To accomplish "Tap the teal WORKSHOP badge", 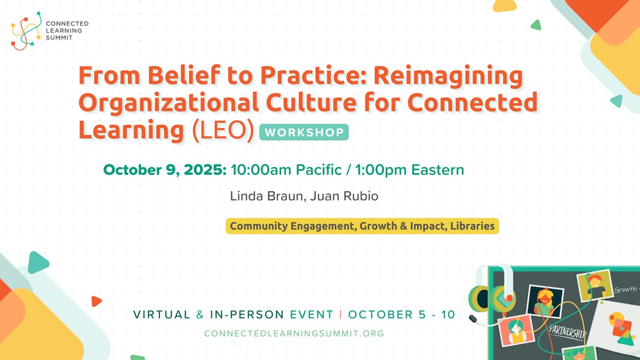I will [304, 132].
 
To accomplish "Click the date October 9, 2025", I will [165, 170].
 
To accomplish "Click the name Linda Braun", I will [257, 196].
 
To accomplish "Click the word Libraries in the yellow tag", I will [471, 226].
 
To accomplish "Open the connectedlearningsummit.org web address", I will [294, 333].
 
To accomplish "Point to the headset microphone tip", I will [473, 318].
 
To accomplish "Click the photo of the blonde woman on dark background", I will [545, 300].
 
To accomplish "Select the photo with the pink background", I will [515, 331].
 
